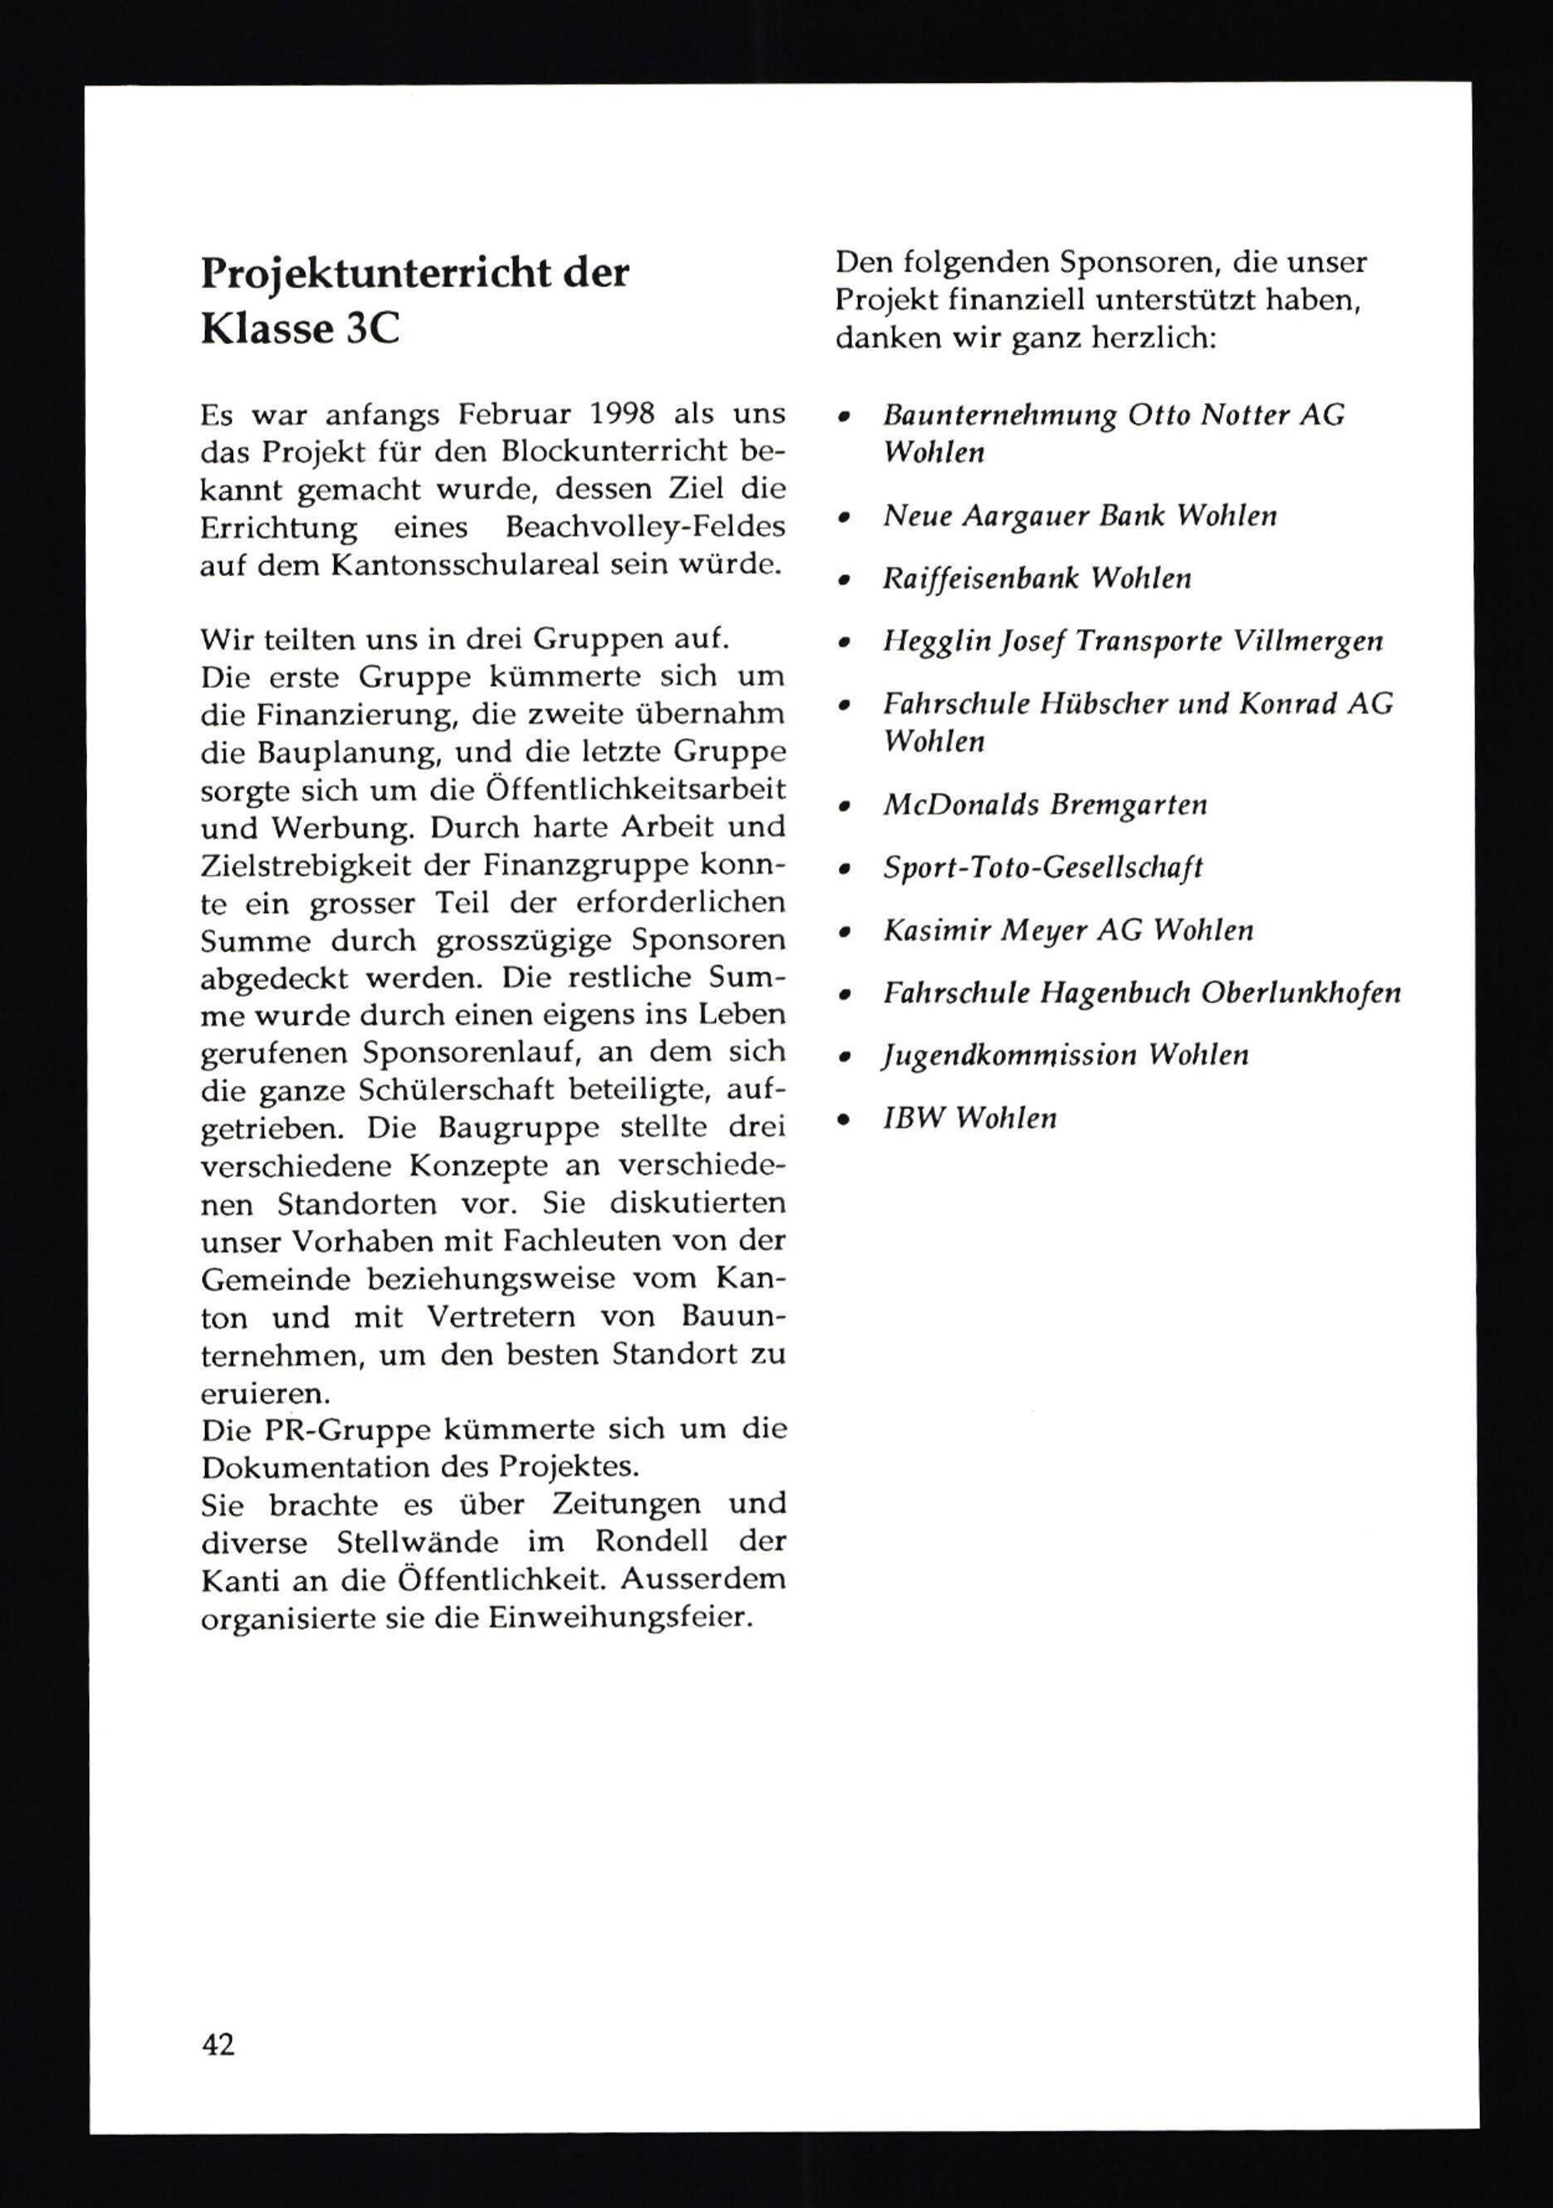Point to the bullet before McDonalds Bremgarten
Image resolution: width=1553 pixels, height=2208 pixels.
(x=844, y=807)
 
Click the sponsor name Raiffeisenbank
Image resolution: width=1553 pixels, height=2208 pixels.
(x=981, y=579)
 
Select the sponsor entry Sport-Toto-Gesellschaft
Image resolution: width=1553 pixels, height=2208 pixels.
(x=1042, y=869)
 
